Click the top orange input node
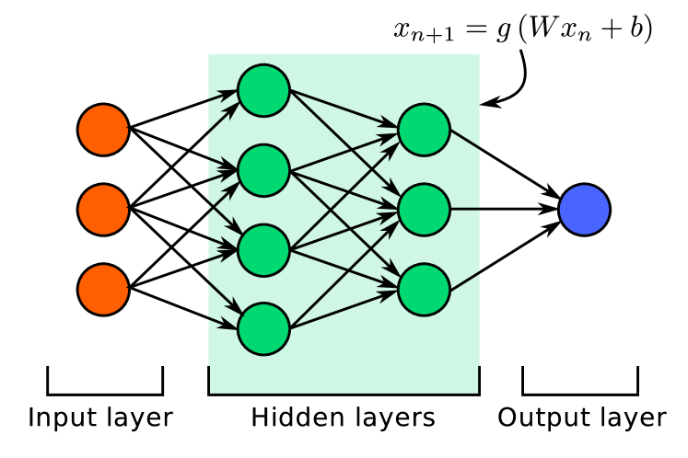click(x=103, y=130)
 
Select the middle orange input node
click(x=103, y=210)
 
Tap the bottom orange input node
click(x=103, y=290)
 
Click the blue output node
click(x=584, y=210)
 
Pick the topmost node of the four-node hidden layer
click(x=263, y=91)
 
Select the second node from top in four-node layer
click(x=263, y=170)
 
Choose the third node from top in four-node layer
click(x=263, y=250)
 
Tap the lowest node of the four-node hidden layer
click(x=263, y=329)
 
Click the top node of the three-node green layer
click(x=424, y=130)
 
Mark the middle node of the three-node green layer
click(x=424, y=210)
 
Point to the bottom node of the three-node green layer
click(x=424, y=290)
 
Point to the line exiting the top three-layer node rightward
click(x=465, y=140)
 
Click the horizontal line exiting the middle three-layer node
click(x=465, y=210)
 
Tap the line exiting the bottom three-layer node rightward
click(x=465, y=281)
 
